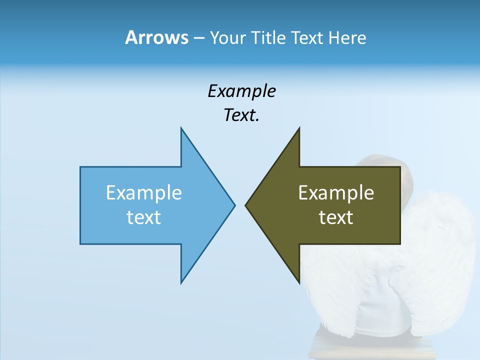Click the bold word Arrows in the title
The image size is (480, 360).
[156, 37]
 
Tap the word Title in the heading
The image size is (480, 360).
[269, 37]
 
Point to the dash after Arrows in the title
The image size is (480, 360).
[198, 38]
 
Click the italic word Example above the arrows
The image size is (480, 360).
[241, 91]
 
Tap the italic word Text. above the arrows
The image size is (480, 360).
[241, 115]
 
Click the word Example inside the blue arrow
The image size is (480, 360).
[144, 192]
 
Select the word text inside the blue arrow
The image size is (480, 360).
[144, 217]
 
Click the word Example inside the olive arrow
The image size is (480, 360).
[336, 192]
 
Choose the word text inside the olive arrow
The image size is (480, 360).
[336, 217]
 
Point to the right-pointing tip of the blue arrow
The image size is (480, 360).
[234, 205]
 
